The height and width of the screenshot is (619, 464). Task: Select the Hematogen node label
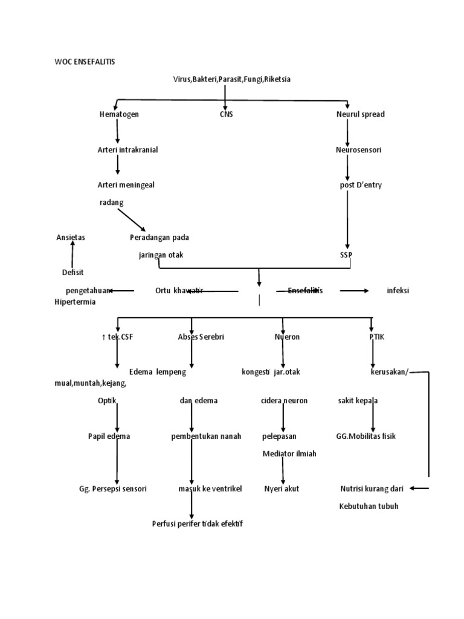(119, 114)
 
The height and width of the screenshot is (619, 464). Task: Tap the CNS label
(226, 114)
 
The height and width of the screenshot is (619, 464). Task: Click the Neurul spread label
(360, 114)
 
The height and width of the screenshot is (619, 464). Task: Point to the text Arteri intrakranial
(127, 149)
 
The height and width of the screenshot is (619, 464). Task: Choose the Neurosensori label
(358, 149)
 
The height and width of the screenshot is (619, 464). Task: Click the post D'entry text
(361, 185)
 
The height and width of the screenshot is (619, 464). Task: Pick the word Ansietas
(71, 238)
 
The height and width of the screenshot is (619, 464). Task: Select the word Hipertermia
(75, 302)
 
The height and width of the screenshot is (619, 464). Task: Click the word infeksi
(398, 291)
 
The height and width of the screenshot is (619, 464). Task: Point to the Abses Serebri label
(201, 337)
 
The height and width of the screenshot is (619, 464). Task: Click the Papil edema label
(109, 436)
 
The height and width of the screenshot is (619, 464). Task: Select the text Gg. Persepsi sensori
(113, 488)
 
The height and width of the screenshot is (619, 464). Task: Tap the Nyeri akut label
(282, 488)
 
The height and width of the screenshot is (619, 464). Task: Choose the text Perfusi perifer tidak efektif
(198, 523)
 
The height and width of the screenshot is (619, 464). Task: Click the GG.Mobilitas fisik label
(366, 436)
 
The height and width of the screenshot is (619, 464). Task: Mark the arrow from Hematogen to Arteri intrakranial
(118, 131)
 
